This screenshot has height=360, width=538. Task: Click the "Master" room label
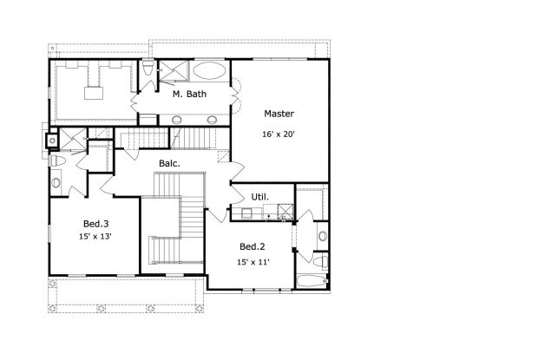279,114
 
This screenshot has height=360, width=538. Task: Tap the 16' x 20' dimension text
279,134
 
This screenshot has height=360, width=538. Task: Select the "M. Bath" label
188,94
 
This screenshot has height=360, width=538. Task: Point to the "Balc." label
169,163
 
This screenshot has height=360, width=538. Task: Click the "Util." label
259,197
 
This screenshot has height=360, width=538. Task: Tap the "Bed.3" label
96,222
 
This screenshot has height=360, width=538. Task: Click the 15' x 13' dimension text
95,235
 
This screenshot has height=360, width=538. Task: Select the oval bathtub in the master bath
209,71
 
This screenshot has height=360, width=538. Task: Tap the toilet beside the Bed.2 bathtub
319,260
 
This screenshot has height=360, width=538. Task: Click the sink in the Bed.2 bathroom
321,235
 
